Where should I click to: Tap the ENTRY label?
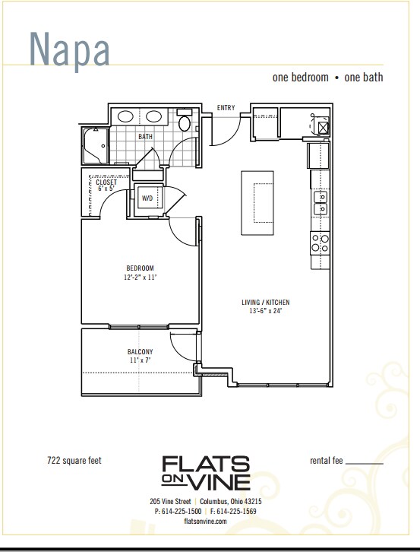click(x=226, y=108)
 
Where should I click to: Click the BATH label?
click(x=145, y=137)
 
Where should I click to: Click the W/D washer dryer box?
click(x=147, y=198)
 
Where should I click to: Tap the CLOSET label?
click(x=106, y=182)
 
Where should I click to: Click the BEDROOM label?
click(x=140, y=268)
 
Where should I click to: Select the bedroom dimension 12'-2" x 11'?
click(x=140, y=278)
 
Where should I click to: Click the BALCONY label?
click(x=140, y=351)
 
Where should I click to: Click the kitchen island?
click(x=257, y=203)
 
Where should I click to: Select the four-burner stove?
click(x=319, y=243)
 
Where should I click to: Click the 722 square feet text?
click(x=74, y=460)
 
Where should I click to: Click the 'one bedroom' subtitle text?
click(x=301, y=78)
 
